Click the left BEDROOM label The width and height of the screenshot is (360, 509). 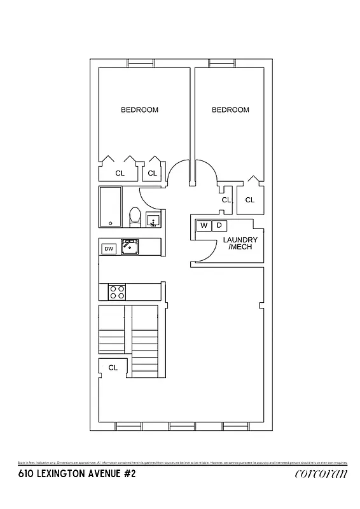point(139,110)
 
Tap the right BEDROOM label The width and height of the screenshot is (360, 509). point(230,110)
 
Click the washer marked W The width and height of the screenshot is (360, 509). point(204,225)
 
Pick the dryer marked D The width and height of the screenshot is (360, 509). point(219,225)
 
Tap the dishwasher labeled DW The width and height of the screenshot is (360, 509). point(109,249)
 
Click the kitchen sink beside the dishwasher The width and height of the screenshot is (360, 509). point(130,246)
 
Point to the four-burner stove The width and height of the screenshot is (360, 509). point(117,291)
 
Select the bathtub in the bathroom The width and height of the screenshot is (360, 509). point(110,207)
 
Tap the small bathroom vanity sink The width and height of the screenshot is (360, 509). point(153,220)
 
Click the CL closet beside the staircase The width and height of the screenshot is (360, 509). point(113,368)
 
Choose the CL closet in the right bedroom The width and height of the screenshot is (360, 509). point(249,200)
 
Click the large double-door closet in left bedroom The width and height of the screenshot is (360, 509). point(119,172)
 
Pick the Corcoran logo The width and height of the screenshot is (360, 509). point(322,474)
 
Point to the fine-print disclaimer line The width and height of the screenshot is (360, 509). point(180,462)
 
